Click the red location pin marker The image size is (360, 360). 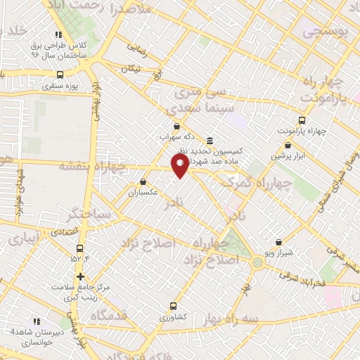pyautogui.click(x=180, y=166)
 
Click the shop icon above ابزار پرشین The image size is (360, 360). pyautogui.click(x=288, y=145)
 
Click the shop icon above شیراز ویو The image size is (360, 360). pyautogui.click(x=278, y=241)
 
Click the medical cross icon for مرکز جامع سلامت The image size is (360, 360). pyautogui.click(x=81, y=276)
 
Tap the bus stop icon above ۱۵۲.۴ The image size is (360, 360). pyautogui.click(x=79, y=248)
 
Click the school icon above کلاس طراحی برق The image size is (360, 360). pyautogui.click(x=59, y=33)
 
